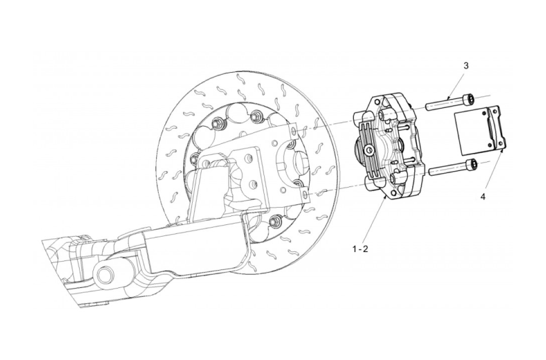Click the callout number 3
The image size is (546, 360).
tap(467, 66)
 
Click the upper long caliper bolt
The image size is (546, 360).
tap(450, 102)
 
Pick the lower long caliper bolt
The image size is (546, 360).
tap(450, 168)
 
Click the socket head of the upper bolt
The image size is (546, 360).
tap(471, 98)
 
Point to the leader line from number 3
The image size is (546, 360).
tap(457, 82)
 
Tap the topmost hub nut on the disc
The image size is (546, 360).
tap(258, 116)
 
